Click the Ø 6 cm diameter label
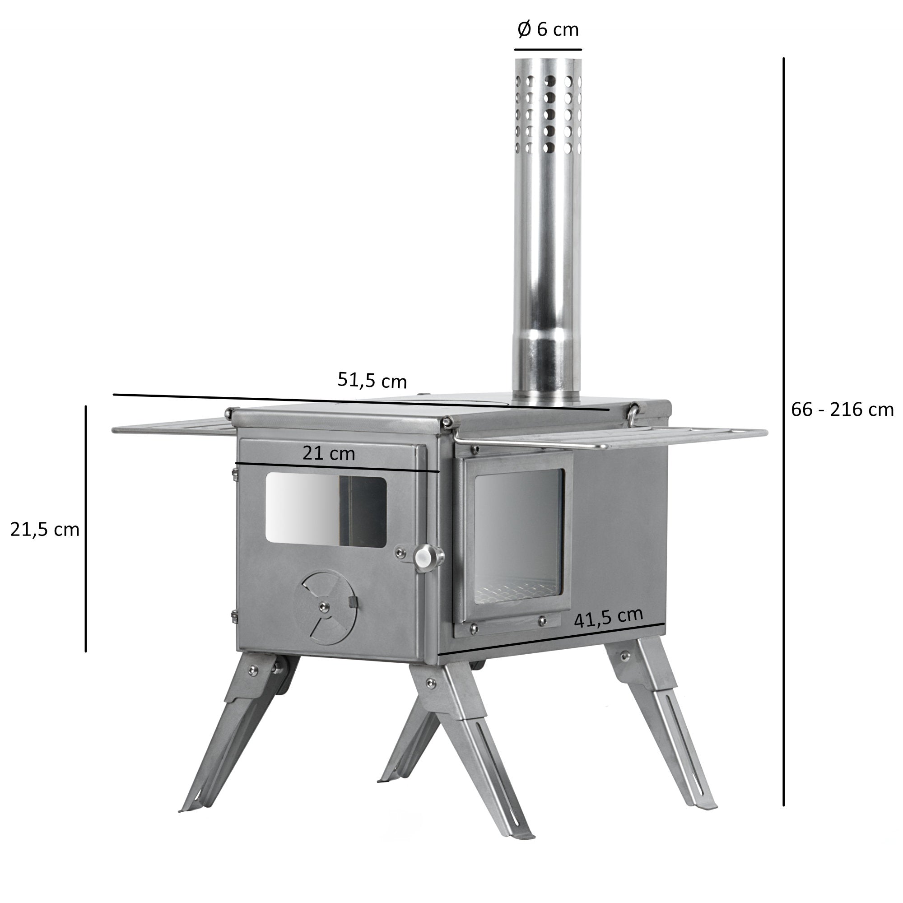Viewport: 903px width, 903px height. (x=548, y=29)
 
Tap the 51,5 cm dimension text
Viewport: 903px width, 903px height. (x=372, y=381)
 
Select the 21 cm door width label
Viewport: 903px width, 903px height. (x=329, y=453)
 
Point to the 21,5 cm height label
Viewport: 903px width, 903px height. (x=45, y=530)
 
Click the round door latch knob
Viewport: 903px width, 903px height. (x=424, y=557)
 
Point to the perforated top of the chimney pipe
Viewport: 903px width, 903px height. (x=548, y=112)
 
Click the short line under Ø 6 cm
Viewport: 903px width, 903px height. (x=548, y=49)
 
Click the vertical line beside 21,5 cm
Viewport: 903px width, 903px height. (x=85, y=528)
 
